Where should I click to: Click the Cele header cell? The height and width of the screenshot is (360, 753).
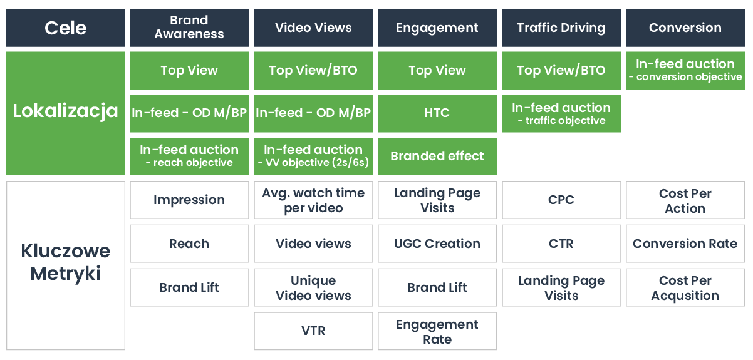[66, 28]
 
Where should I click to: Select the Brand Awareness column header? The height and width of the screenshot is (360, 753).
[190, 28]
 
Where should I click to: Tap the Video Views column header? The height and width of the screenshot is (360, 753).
[313, 28]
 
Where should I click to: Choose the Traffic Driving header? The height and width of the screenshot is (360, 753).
[561, 28]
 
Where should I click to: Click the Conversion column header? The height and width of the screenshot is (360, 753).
[685, 28]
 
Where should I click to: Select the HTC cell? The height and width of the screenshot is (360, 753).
[437, 113]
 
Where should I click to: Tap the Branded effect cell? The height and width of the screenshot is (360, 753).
[437, 157]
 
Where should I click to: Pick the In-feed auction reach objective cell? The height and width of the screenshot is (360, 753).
[190, 157]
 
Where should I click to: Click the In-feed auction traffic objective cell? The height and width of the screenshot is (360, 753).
[561, 113]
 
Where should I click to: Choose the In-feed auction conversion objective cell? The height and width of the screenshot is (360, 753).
[685, 71]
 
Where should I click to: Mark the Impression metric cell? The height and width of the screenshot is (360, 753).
[190, 200]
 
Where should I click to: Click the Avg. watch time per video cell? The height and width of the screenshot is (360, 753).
[313, 200]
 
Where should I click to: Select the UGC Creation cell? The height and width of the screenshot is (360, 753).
[437, 244]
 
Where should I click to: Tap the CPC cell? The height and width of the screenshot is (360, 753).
[561, 200]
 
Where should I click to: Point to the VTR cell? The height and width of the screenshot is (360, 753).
[313, 331]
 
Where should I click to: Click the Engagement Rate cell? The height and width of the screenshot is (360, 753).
[437, 331]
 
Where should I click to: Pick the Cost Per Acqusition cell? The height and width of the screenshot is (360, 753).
[685, 287]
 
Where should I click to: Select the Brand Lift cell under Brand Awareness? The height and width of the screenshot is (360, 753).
[190, 287]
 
